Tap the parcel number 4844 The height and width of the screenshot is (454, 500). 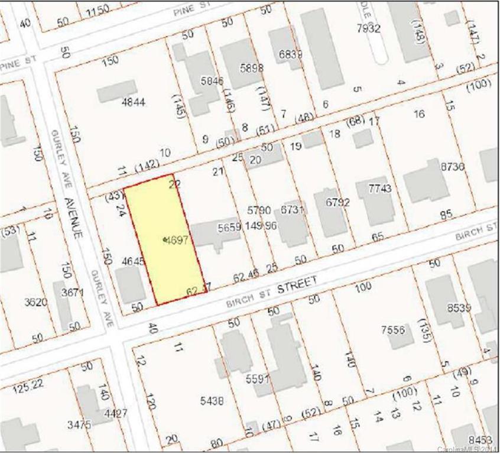[x=133, y=102]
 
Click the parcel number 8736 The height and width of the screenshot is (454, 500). [x=453, y=167]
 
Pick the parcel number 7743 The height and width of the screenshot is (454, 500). [x=380, y=189]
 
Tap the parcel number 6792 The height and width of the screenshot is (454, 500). [x=338, y=203]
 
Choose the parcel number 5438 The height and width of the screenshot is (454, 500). [x=212, y=401]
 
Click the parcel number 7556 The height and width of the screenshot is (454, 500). [x=394, y=329]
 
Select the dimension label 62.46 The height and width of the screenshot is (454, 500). [x=246, y=275]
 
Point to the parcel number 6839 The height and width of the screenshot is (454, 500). [x=290, y=54]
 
